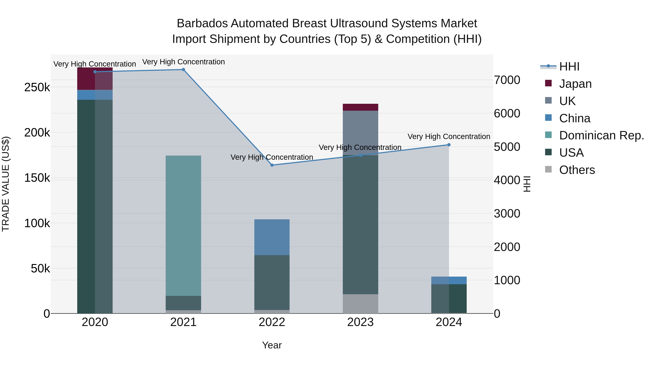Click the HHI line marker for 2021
tap(183, 70)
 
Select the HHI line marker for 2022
tap(272, 165)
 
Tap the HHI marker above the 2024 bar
tap(449, 145)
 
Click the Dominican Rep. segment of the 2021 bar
tap(183, 226)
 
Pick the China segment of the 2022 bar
tap(272, 237)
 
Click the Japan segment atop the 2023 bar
tap(360, 107)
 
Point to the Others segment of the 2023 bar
tap(360, 304)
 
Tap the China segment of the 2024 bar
tap(449, 280)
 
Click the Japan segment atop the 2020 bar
tap(95, 79)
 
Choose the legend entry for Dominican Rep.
tap(601, 135)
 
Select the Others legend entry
tap(577, 170)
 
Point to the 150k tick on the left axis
tap(37, 178)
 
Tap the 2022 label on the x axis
tap(272, 322)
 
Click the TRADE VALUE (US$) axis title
tap(6, 184)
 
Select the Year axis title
tap(272, 345)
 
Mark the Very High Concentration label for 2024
tap(449, 137)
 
